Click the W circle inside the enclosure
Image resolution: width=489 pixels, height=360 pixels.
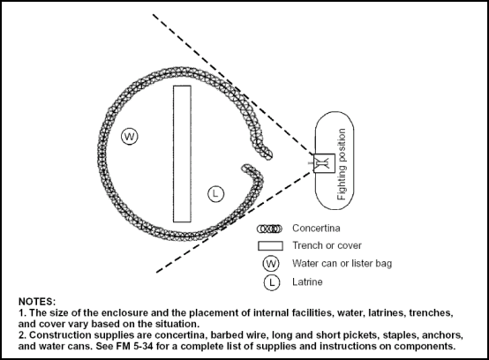(x=130, y=137)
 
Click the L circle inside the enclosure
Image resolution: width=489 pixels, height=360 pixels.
(x=216, y=193)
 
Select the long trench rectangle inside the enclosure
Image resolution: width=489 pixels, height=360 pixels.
(x=182, y=154)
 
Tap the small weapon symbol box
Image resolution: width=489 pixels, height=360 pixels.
(x=321, y=162)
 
